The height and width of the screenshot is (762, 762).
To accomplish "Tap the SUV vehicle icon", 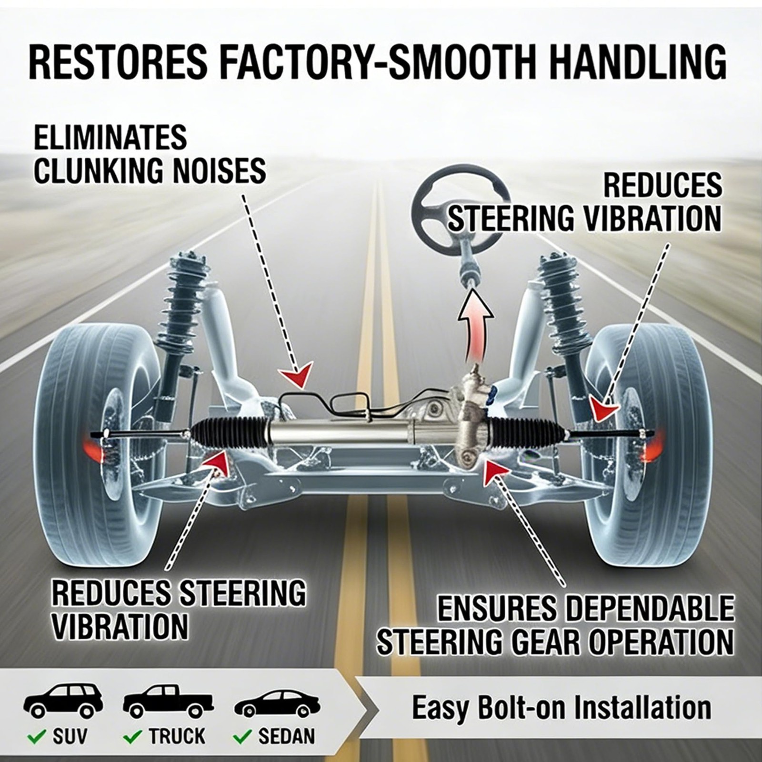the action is [x=63, y=702].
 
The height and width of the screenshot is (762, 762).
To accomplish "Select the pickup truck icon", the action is [x=168, y=702].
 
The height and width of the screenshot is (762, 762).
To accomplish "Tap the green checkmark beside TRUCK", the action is [x=132, y=736].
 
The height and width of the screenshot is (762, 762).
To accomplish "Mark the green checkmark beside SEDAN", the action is [x=242, y=736].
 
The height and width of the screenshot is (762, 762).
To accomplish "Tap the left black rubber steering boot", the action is [x=229, y=431].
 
